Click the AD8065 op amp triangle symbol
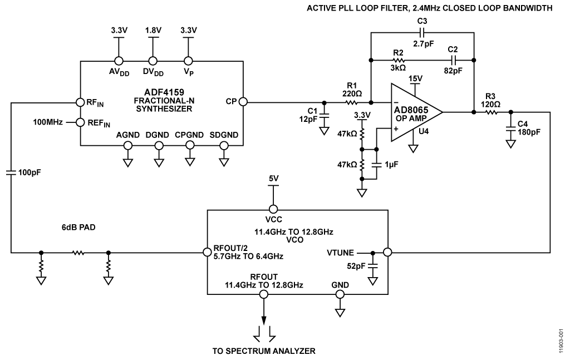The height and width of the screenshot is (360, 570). click(415, 112)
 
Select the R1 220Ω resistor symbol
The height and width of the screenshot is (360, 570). click(351, 102)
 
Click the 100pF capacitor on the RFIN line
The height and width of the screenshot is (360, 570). click(11, 172)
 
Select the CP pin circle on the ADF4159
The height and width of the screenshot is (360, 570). click(243, 102)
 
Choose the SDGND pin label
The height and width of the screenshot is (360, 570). click(224, 135)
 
